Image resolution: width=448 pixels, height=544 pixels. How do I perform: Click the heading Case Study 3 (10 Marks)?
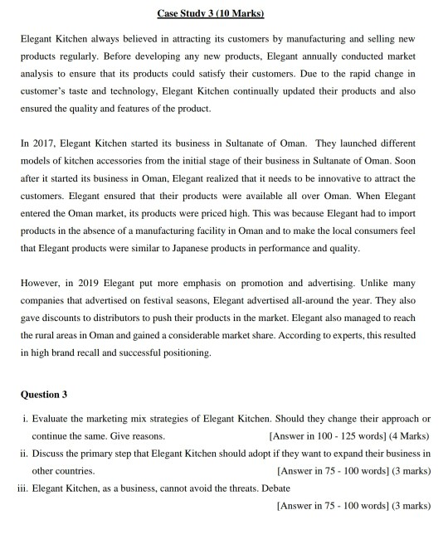pos(224,14)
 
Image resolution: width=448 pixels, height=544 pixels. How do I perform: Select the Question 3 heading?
pos(44,393)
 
